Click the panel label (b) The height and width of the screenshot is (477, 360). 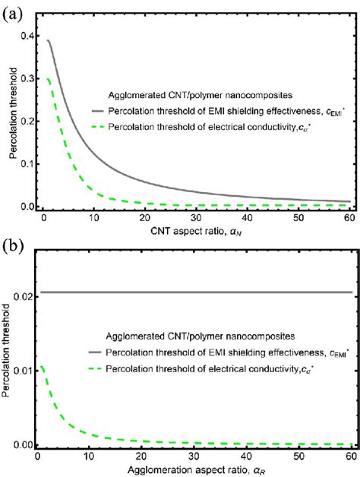pos(11,248)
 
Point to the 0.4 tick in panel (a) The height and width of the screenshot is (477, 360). pos(24,36)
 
